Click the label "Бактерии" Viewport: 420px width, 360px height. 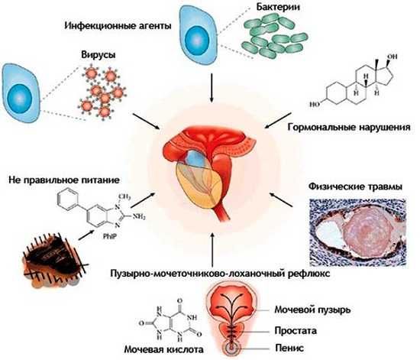pyautogui.click(x=278, y=7)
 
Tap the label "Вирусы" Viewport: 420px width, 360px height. pyautogui.click(x=99, y=55)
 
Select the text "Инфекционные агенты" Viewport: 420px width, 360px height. pyautogui.click(x=118, y=26)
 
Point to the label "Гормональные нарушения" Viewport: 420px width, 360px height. pyautogui.click(x=349, y=127)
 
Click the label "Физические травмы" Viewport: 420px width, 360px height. pyautogui.click(x=355, y=186)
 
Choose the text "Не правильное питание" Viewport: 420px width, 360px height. pyautogui.click(x=64, y=180)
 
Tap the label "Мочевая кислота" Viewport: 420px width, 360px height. pyautogui.click(x=164, y=349)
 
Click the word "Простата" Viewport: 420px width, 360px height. pyautogui.click(x=296, y=330)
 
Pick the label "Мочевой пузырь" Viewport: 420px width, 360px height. pyautogui.click(x=312, y=310)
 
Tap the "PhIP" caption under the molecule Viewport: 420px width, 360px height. pyautogui.click(x=110, y=236)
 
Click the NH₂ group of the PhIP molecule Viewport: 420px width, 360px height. pyautogui.click(x=139, y=216)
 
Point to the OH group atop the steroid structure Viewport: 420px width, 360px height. pyautogui.click(x=393, y=57)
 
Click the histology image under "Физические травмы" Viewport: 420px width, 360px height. pyautogui.click(x=357, y=232)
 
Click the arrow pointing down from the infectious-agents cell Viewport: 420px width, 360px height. pyautogui.click(x=212, y=88)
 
